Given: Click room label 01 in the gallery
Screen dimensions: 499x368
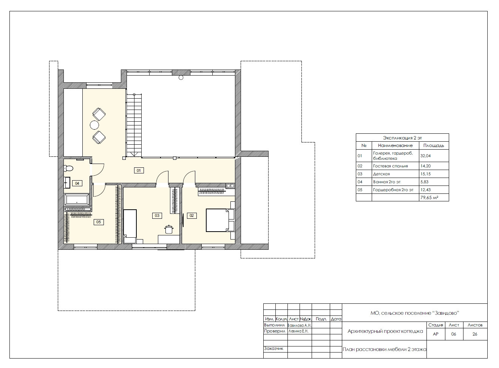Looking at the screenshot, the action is pos(139,170).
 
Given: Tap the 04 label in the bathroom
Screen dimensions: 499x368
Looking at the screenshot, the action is pos(77,183).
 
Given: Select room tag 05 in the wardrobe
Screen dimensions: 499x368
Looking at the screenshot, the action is pos(99,222).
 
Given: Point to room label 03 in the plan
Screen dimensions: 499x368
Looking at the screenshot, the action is pos(157,215).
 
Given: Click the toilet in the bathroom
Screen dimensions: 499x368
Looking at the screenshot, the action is pos(68,168).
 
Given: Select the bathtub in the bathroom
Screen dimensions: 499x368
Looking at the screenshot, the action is pos(77,199).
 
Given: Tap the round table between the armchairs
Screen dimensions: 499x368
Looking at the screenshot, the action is pos(94,125).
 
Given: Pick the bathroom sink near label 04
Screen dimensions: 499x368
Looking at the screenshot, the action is pos(67,182).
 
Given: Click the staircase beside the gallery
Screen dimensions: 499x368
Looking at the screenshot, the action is pos(134,125).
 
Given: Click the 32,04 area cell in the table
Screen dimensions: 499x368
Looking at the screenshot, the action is pos(425,156).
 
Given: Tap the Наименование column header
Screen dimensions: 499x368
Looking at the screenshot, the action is pos(395,145).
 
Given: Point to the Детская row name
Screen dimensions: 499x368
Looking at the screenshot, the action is pos(382,174).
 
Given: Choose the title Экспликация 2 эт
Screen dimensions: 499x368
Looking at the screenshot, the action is pos(402,138).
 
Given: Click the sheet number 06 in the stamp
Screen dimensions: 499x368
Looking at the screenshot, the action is pos(454,334).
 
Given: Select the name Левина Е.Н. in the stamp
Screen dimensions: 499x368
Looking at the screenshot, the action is pos(298,331).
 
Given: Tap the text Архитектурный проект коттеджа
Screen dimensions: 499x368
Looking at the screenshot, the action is pos(385,331).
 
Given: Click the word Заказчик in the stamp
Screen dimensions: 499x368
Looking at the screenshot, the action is pos(273,348).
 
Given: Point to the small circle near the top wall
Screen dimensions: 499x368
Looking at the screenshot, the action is pos(181,77).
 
